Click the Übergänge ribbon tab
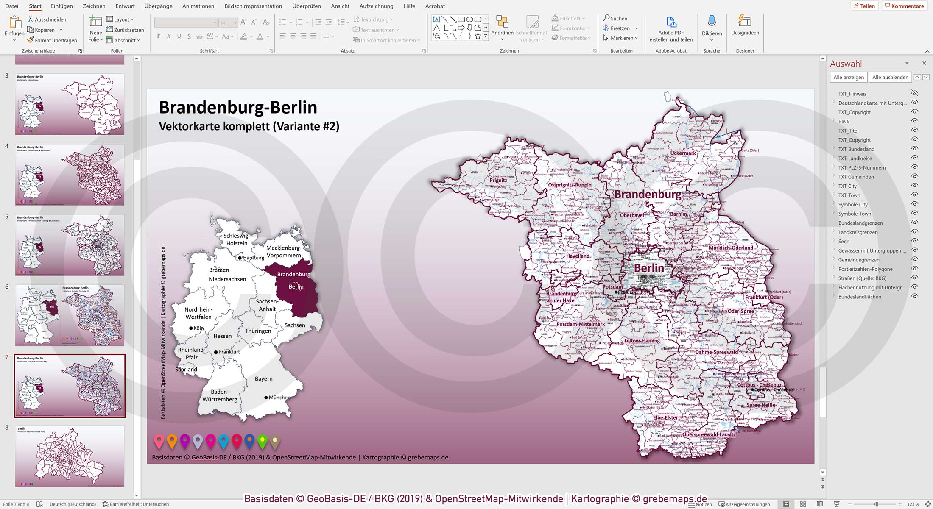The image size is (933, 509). pos(158,6)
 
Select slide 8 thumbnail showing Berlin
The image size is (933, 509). pos(70,456)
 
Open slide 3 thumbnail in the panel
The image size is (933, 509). pos(70,104)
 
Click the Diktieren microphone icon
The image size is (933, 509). pos(712,22)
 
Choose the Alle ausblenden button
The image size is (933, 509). pos(890,77)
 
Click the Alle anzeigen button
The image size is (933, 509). pos(848,77)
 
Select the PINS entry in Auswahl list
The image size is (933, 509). pos(844,121)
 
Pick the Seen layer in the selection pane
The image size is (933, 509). pos(844,241)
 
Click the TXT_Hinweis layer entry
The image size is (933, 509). pos(852,94)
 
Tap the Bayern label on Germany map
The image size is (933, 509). pos(263,379)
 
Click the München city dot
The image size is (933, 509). pos(266,398)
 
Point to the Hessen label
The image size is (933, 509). pos(222,336)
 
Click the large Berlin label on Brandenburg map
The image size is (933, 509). pos(649,268)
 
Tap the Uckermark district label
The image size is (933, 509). pos(683,153)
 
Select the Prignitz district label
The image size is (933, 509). pos(498,180)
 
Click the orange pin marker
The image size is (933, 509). pos(172,441)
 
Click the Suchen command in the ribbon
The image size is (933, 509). pos(615,19)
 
